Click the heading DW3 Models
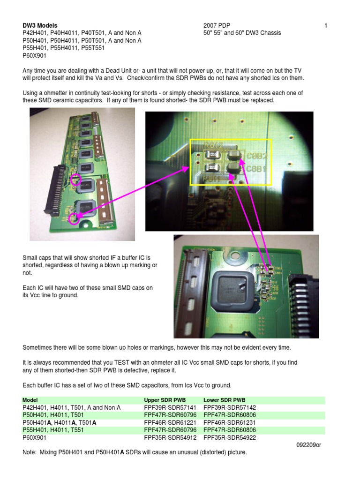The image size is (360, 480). tap(40, 25)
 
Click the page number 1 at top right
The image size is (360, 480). tap(326, 25)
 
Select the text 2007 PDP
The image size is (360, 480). tap(217, 25)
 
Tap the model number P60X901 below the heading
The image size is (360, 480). tap(34, 55)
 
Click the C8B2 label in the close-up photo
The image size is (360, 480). tap(257, 156)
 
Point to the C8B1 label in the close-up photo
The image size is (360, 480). tap(256, 169)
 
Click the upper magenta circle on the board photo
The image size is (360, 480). tap(75, 180)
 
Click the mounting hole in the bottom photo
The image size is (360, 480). tap(236, 255)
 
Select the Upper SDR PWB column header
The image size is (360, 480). tap(165, 400)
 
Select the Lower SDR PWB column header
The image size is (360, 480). tap(225, 400)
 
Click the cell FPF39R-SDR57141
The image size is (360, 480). tap(170, 408)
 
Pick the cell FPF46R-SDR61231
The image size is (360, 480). tap(230, 422)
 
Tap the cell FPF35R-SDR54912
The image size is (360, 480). tap(170, 438)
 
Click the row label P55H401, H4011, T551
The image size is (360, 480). tap(53, 430)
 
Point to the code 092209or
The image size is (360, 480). tap(308, 445)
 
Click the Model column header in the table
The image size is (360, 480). tap(30, 400)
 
